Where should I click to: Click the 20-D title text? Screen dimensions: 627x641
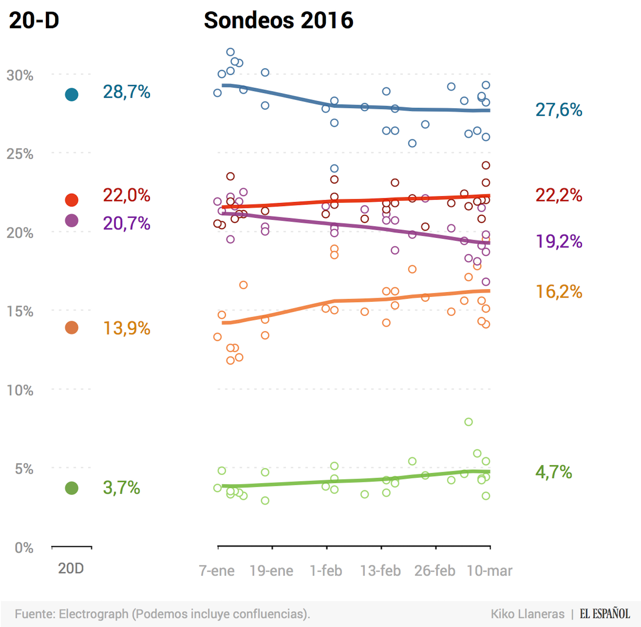34,20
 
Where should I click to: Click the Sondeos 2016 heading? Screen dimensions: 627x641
278,20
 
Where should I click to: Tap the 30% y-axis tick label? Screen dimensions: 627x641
20,76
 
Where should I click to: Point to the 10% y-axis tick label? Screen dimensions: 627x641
20,390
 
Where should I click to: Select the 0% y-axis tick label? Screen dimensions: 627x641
24,548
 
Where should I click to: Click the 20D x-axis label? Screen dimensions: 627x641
71,568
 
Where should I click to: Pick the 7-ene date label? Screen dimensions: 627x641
217,571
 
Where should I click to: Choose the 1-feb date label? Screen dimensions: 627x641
326,571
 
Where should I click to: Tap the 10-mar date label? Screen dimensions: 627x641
489,571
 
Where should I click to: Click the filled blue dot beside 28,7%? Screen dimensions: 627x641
71,94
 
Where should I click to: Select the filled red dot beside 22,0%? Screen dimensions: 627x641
71,200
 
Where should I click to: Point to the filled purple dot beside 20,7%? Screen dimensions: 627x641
71,220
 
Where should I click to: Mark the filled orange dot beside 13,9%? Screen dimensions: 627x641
71,328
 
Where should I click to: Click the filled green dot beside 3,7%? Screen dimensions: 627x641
71,488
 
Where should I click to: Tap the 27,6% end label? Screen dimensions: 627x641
559,110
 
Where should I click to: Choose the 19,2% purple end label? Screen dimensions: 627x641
559,241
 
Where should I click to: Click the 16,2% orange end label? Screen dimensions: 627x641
559,292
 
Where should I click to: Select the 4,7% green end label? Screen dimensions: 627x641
553,472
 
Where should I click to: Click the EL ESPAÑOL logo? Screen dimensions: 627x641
605,614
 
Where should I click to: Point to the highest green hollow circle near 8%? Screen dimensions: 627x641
469,422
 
